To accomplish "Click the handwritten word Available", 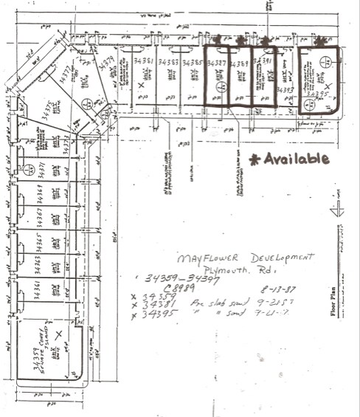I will point(297,159).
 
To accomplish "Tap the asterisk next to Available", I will point(255,159).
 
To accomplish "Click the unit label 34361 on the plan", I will point(38,292).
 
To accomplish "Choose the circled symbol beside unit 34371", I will point(30,170).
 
